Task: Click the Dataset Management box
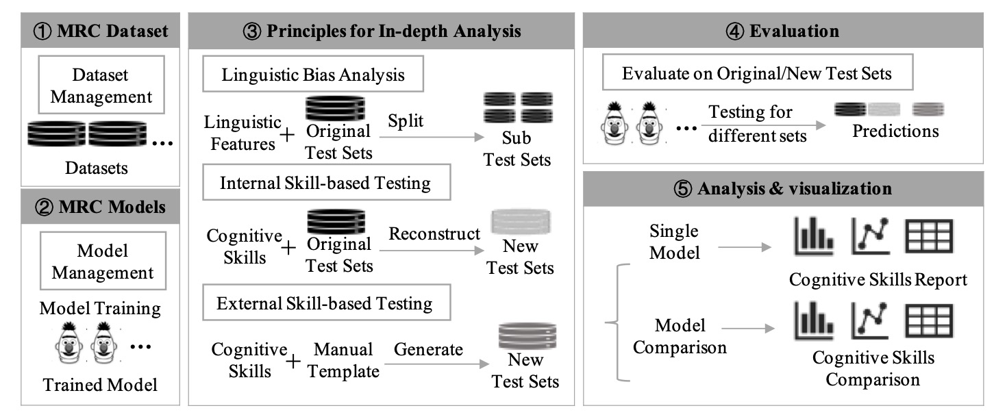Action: pyautogui.click(x=101, y=85)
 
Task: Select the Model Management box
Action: pyautogui.click(x=103, y=261)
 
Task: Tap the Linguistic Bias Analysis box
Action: pyautogui.click(x=313, y=75)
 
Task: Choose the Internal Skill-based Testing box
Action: pyautogui.click(x=325, y=183)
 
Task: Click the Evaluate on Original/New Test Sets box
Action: pyautogui.click(x=757, y=73)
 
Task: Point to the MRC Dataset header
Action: pyautogui.click(x=101, y=31)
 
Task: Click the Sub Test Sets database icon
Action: pyautogui.click(x=518, y=107)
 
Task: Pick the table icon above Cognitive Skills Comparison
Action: pyautogui.click(x=929, y=322)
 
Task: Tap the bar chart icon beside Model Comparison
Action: pyautogui.click(x=814, y=322)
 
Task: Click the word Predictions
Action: pyautogui.click(x=895, y=131)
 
